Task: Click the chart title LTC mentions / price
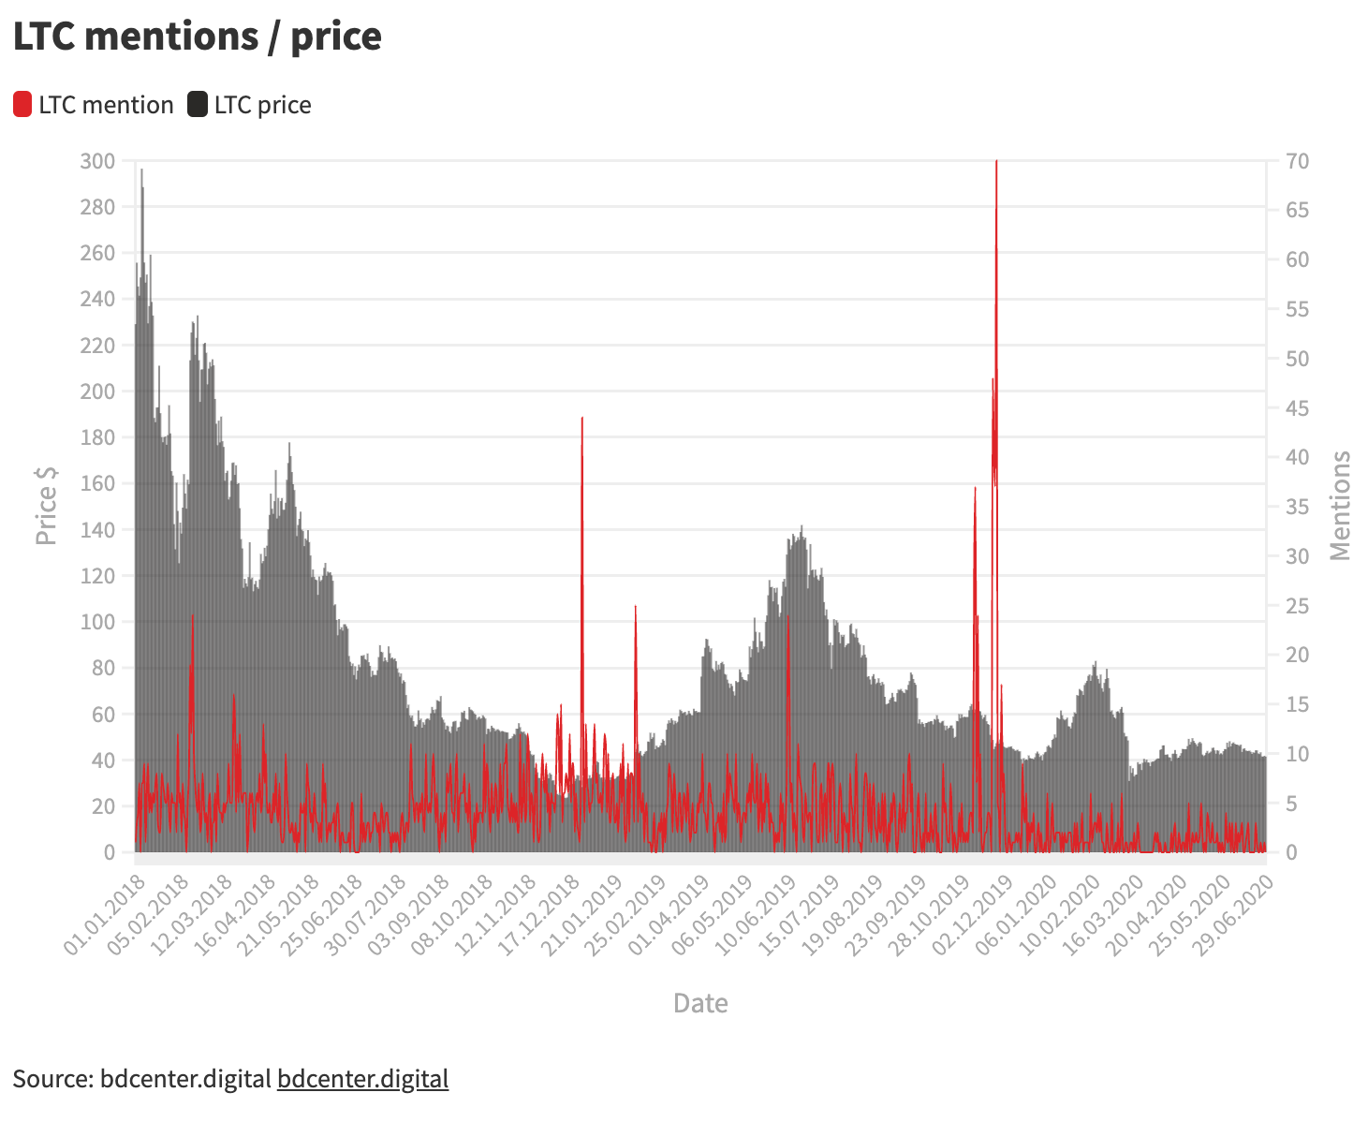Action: (x=197, y=37)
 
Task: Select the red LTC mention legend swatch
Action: (x=22, y=105)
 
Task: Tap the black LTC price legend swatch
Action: (x=198, y=105)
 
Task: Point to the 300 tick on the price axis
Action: (x=97, y=161)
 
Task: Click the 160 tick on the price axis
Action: (x=97, y=484)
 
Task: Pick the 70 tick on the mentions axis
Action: (x=1297, y=161)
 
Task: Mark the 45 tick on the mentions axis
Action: (x=1297, y=408)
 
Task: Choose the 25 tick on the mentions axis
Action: (x=1297, y=606)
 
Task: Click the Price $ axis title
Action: (x=46, y=506)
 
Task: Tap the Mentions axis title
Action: (x=1341, y=506)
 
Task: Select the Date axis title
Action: (x=700, y=1003)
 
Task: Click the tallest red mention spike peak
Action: (x=996, y=162)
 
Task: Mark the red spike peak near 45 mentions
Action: (x=582, y=419)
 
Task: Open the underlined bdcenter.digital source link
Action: (x=362, y=1079)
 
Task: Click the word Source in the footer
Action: (x=51, y=1079)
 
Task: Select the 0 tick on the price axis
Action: (x=110, y=852)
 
